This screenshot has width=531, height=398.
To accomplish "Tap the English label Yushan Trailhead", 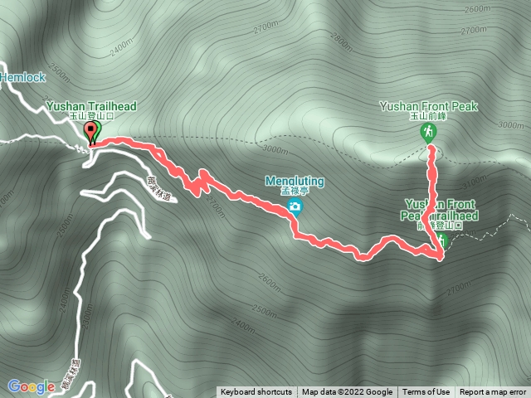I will point(90,106).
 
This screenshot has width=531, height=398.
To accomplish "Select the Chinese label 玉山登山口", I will point(90,117).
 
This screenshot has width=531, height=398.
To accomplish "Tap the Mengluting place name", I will point(295,180).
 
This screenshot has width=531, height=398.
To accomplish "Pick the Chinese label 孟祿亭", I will point(294,191).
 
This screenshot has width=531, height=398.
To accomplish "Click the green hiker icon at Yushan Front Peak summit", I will point(429,133).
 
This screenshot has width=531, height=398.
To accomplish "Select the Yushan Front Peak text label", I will point(429,106).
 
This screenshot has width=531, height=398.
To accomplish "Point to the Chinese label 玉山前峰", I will point(428,117).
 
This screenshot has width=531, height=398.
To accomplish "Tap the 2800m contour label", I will point(341,39).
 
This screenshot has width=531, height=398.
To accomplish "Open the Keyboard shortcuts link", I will point(256,392).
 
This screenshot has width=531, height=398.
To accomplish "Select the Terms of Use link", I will point(426,392).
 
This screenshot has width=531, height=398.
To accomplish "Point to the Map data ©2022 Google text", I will point(347,392).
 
